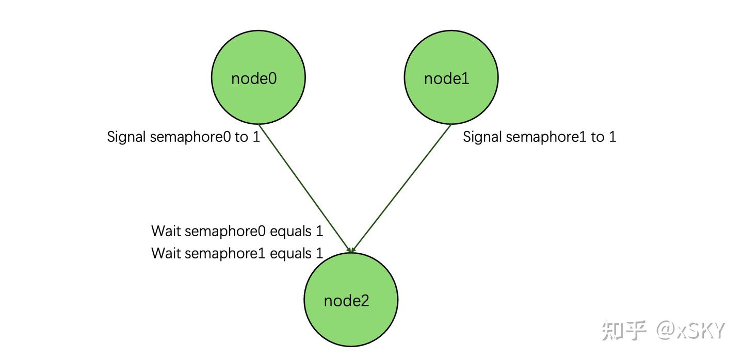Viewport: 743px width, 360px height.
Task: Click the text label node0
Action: [x=254, y=78]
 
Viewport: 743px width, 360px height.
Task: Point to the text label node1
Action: [x=447, y=78]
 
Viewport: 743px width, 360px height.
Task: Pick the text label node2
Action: [x=347, y=301]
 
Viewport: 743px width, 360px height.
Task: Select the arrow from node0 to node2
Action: [x=304, y=188]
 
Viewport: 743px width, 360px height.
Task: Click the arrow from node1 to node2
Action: [x=402, y=188]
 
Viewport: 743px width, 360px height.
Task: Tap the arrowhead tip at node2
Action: [x=351, y=252]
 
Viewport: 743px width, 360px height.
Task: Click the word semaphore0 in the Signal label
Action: [x=190, y=137]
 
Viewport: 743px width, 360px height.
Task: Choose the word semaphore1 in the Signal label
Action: [x=546, y=137]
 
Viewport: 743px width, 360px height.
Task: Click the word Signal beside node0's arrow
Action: [x=127, y=137]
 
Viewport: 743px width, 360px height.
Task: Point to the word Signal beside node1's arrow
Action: [x=482, y=137]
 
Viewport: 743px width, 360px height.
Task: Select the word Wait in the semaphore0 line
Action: [x=166, y=231]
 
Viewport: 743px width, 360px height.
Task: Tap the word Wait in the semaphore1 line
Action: [x=166, y=253]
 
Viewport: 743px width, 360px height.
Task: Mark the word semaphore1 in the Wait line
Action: [x=225, y=253]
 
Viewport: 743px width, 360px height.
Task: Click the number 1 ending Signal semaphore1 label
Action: [x=612, y=137]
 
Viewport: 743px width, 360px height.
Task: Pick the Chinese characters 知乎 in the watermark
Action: [x=624, y=330]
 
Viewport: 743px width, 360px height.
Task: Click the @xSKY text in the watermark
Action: [x=691, y=330]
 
